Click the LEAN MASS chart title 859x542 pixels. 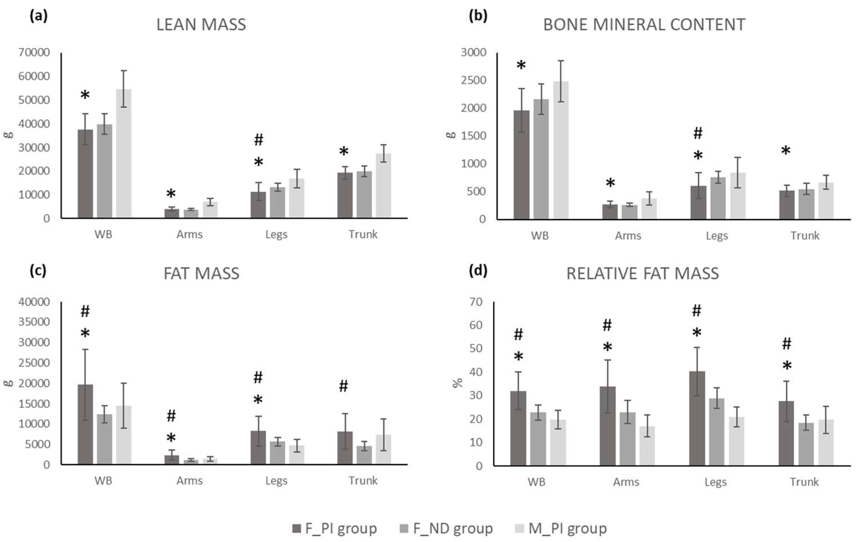(201, 25)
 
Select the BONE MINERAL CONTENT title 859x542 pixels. (644, 25)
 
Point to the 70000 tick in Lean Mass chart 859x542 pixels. (34, 53)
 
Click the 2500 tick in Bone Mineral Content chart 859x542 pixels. (473, 80)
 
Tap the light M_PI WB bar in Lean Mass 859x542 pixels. (123, 153)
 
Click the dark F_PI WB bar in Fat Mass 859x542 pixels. (85, 424)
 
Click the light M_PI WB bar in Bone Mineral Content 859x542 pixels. (561, 150)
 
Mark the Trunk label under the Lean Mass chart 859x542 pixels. (363, 234)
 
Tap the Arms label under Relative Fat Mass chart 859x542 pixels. (626, 482)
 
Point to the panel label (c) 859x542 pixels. (38, 271)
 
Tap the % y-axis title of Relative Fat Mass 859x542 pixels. (457, 383)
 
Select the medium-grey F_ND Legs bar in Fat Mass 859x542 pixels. (277, 453)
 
